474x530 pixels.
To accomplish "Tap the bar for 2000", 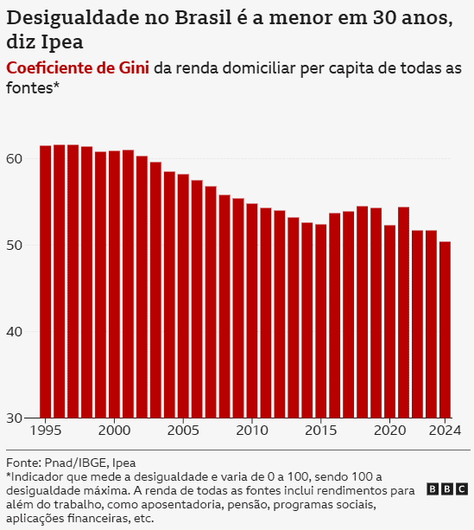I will point(114,284).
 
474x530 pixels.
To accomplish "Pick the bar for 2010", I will point(252,310).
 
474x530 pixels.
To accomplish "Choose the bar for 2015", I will point(321,321).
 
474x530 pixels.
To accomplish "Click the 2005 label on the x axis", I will point(183,431).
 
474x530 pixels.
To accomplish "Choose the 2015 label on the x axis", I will point(321,431).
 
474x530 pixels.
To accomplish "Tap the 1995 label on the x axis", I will point(45,431).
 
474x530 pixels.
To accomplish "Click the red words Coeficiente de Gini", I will point(77,68).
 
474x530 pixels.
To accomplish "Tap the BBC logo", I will point(447,489).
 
